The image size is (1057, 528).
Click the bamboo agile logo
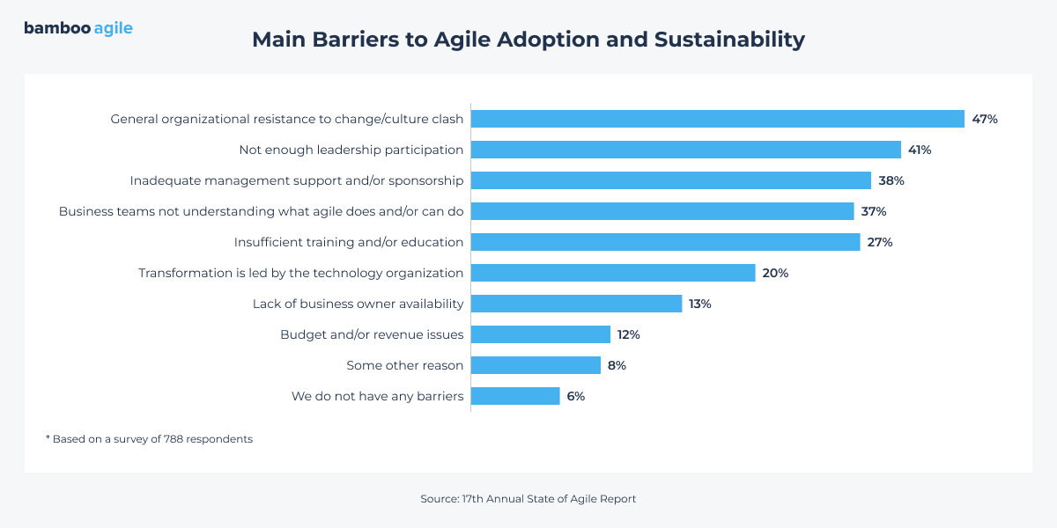[x=78, y=28]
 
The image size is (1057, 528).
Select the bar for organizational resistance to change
[x=718, y=119]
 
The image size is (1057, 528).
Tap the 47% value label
[x=985, y=119]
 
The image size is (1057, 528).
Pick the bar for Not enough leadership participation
[x=686, y=150]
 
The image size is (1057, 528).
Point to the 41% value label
[x=920, y=150]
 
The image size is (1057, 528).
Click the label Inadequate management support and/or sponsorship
[x=297, y=180]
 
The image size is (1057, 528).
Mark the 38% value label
[x=891, y=180]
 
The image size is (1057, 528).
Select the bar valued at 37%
[x=662, y=211]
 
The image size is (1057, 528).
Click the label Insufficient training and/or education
[x=349, y=242]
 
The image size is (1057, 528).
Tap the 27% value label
[x=880, y=242]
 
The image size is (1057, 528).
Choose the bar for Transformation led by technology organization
[x=613, y=273]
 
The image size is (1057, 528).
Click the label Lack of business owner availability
[x=358, y=304]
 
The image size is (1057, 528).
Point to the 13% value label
[x=700, y=304]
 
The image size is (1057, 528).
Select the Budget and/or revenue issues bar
[x=541, y=334]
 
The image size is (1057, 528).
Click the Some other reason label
[x=404, y=365]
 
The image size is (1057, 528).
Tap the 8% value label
[x=617, y=365]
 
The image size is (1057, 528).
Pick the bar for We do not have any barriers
[x=515, y=396]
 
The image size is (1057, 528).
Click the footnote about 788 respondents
[x=149, y=439]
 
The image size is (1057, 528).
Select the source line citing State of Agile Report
[x=528, y=499]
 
